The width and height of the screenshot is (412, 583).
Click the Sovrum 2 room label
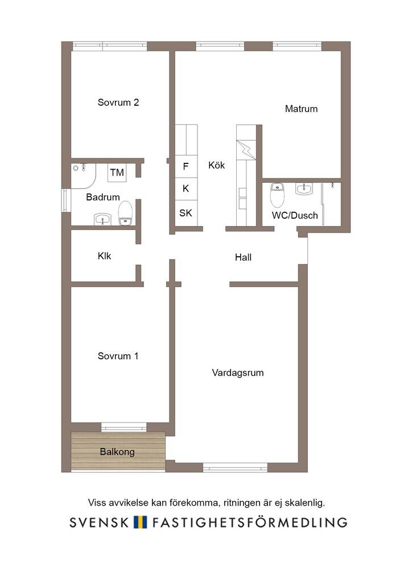coord(118,102)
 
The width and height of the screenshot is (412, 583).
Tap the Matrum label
coord(301,109)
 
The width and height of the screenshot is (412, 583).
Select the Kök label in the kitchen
coord(217,165)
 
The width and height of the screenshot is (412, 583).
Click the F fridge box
coord(186,166)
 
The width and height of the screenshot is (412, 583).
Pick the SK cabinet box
coord(186,213)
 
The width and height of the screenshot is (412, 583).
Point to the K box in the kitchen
coord(186,188)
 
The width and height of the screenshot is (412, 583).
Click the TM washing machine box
coord(117,173)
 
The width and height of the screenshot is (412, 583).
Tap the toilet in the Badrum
coord(126,213)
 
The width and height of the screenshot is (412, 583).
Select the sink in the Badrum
coord(102,219)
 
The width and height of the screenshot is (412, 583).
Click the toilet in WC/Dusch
coord(277,195)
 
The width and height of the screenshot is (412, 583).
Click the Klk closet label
coord(104,256)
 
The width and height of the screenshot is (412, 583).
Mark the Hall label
coord(244,257)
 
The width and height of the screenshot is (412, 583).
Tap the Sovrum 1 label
coord(118,356)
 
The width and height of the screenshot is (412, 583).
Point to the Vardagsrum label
coord(238,372)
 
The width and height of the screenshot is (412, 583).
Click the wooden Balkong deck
coord(118,451)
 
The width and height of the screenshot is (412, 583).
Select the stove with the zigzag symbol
coord(246,150)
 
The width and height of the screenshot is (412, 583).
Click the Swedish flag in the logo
coord(141,522)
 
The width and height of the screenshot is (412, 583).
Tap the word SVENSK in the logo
coord(99,523)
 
